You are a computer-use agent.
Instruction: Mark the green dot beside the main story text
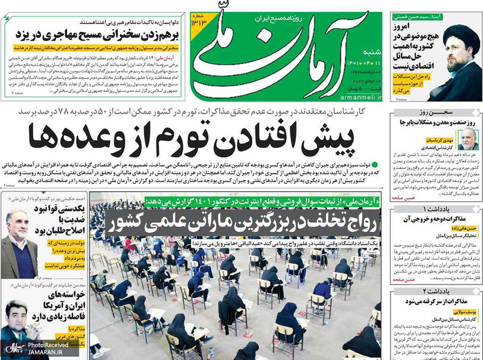(x=374, y=164)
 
